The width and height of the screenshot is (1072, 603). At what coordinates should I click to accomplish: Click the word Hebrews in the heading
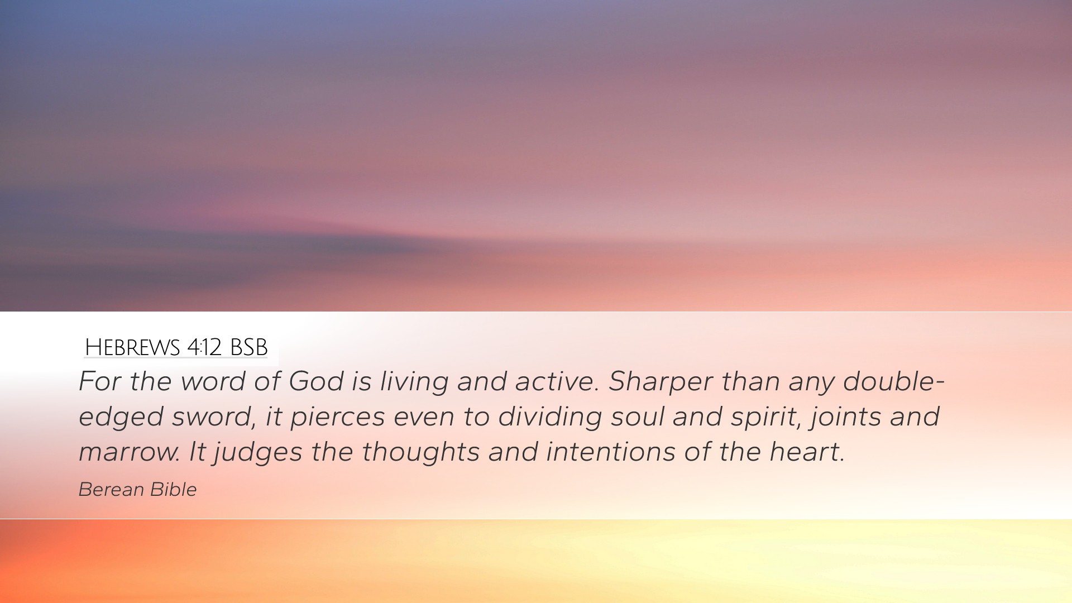point(132,347)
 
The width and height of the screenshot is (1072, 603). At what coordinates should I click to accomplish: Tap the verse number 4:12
point(204,347)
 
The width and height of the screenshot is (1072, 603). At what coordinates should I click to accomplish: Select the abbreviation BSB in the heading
point(248,347)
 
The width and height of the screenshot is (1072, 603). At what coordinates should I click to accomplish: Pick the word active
point(557,381)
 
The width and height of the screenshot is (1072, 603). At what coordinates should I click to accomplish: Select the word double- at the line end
point(893,381)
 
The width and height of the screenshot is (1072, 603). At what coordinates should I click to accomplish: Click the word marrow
point(129,452)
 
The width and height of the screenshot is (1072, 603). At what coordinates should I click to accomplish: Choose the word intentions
point(611,452)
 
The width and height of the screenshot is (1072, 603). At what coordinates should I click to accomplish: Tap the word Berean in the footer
point(112,490)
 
